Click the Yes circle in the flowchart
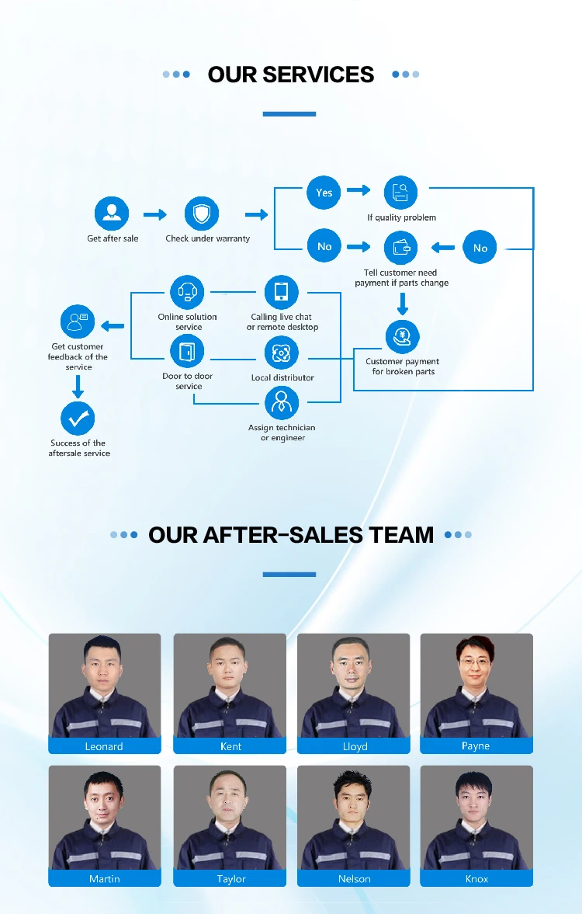(x=324, y=192)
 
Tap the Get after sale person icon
(x=112, y=214)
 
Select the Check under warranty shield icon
(x=202, y=214)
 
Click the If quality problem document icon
(x=400, y=193)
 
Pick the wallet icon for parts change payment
(x=400, y=248)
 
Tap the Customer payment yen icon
(x=402, y=336)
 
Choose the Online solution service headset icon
(x=187, y=292)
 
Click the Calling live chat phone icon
(x=281, y=292)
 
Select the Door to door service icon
(x=187, y=353)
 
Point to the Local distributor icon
(x=281, y=353)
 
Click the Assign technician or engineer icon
(x=281, y=403)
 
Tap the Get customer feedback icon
(x=78, y=321)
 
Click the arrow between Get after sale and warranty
(x=155, y=214)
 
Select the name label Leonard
(x=104, y=746)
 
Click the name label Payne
(x=476, y=745)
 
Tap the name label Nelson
(x=354, y=879)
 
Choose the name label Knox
(x=476, y=879)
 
